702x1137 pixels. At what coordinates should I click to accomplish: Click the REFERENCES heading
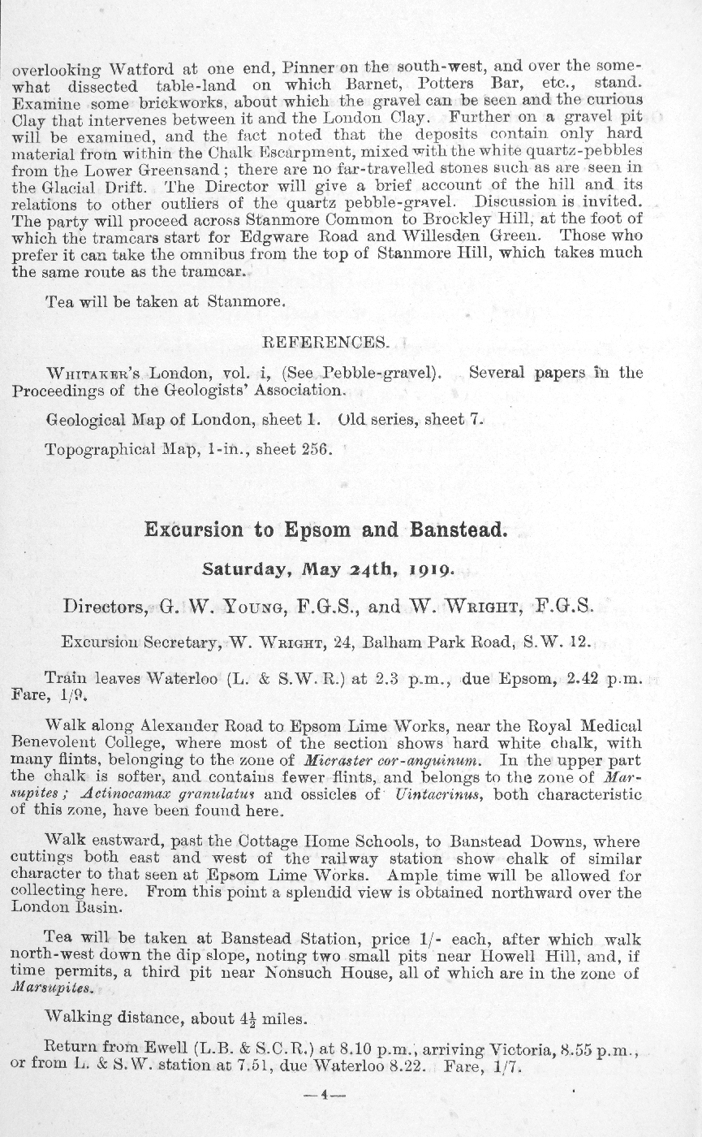(324, 342)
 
